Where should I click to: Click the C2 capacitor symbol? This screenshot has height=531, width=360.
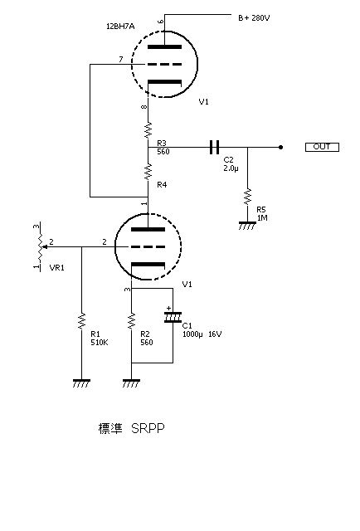[213, 147]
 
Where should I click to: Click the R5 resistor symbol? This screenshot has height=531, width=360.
[246, 197]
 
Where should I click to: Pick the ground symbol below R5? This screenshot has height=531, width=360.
[246, 223]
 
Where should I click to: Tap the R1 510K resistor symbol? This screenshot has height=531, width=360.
[81, 320]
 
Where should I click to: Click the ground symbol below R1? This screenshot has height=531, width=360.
[81, 383]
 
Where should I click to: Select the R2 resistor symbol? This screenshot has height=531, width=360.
[131, 320]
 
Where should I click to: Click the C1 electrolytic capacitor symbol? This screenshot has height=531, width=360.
[173, 316]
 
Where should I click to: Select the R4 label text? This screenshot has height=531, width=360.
[162, 184]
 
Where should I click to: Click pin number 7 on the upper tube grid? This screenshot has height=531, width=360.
[121, 59]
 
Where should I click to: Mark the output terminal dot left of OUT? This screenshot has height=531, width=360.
[280, 147]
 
